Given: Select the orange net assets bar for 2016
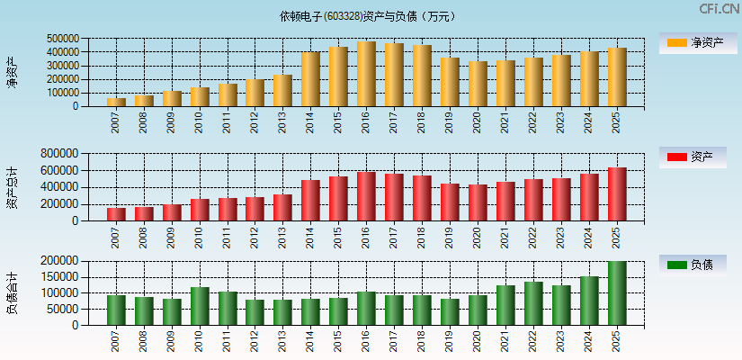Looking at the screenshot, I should tap(366, 74).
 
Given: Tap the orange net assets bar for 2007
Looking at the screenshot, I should tap(116, 102).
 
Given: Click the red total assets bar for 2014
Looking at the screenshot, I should tap(310, 201).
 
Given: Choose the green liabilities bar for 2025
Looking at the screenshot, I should tap(617, 293).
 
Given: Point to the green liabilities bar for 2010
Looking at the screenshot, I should tap(200, 306).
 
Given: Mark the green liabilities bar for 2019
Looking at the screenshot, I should tap(450, 311).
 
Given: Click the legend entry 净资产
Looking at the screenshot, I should tap(693, 42).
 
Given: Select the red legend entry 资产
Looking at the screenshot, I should tap(693, 157).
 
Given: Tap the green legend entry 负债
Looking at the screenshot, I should tap(693, 265).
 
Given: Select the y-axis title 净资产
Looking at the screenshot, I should tap(12, 72).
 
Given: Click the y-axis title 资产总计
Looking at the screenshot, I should tap(12, 187).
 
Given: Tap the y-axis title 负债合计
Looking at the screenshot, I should tap(12, 292).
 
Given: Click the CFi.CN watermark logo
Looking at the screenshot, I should tap(719, 9).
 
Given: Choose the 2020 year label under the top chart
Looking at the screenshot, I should tap(478, 123).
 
